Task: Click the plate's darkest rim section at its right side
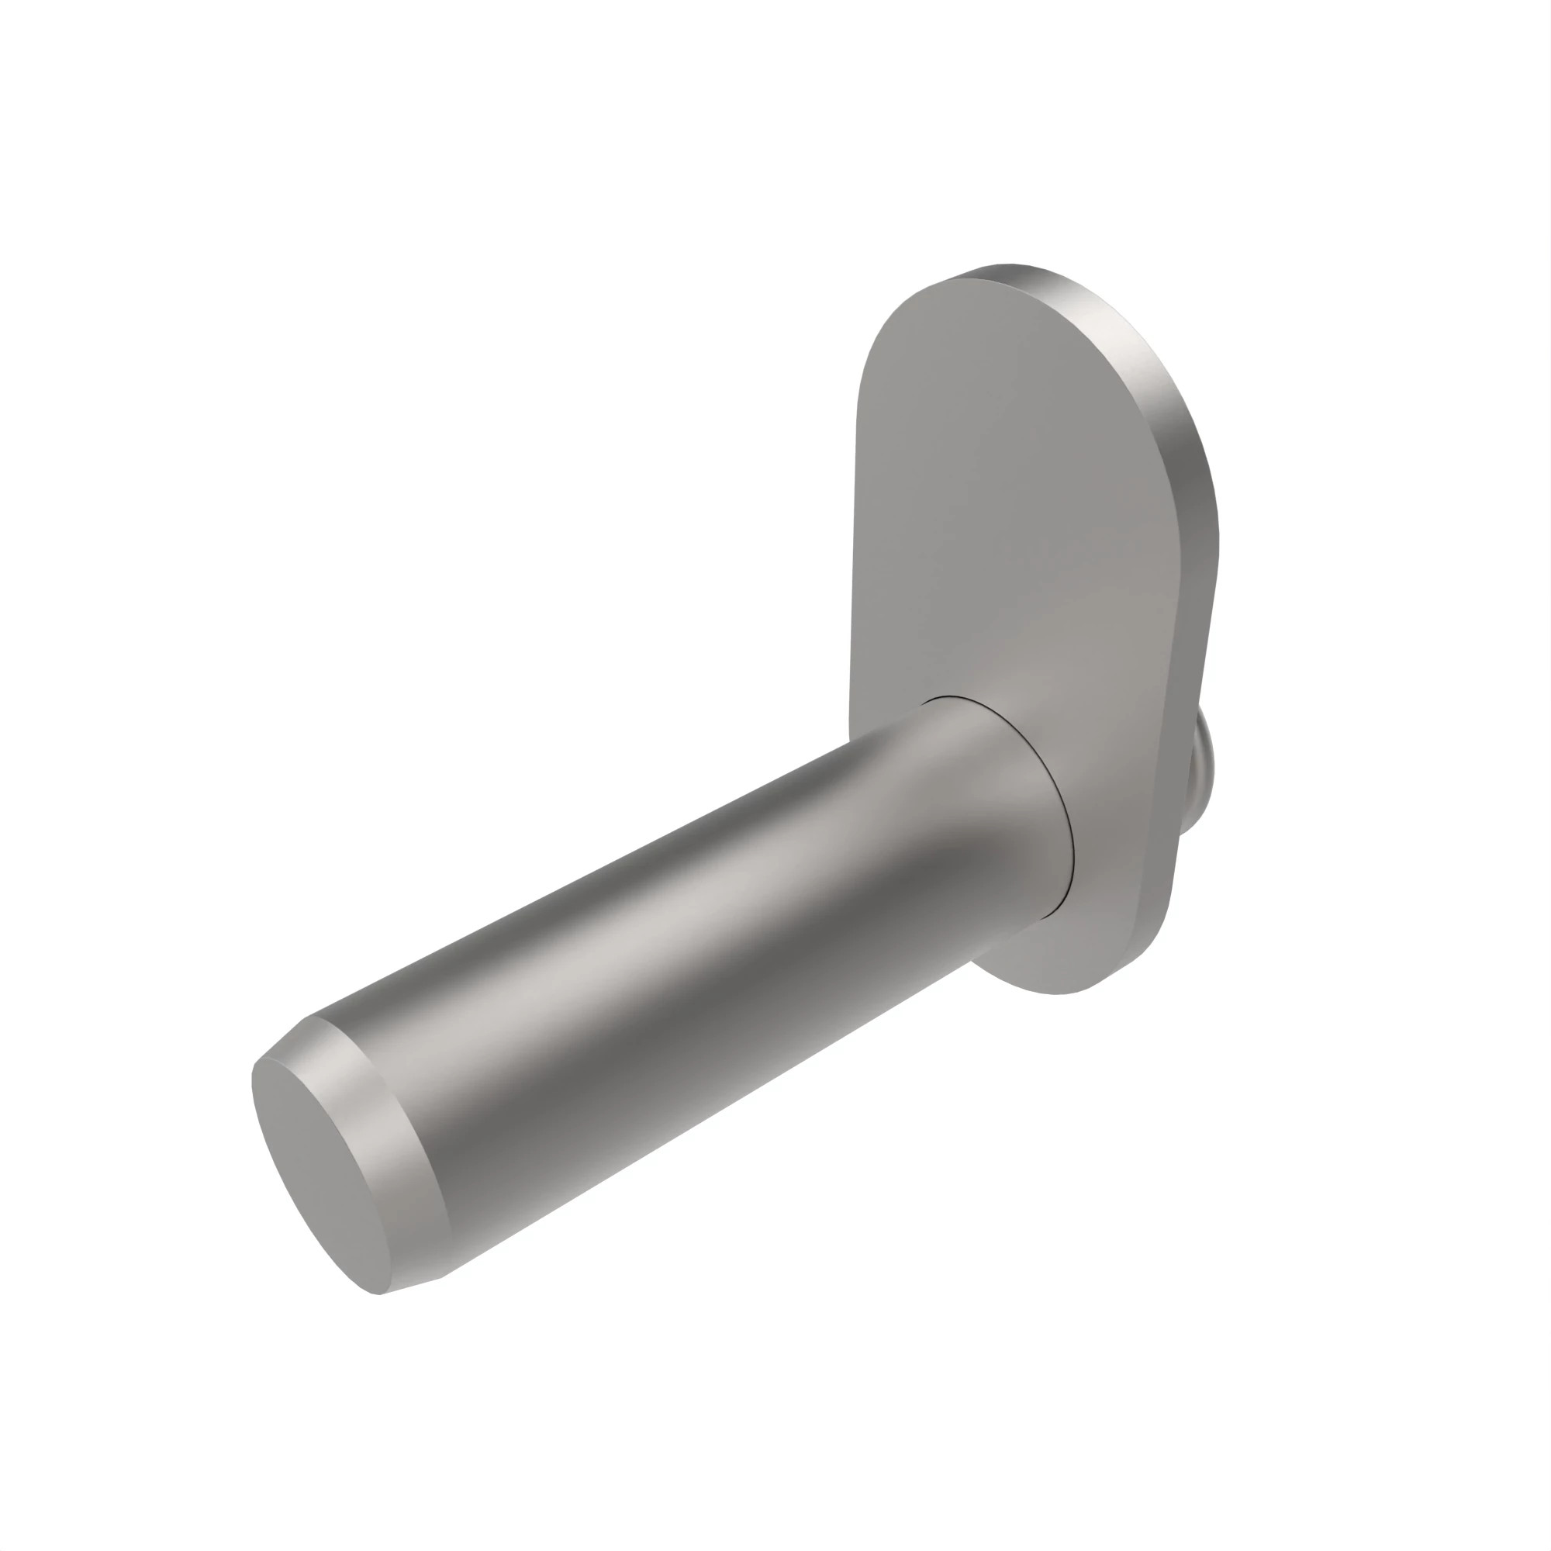1204,514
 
